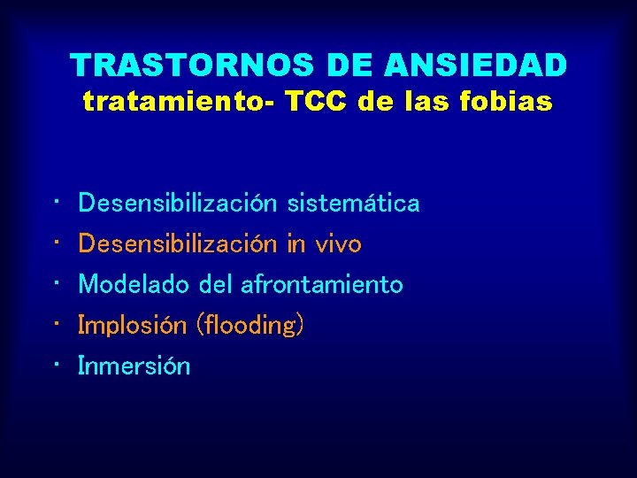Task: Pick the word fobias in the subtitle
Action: tap(510, 103)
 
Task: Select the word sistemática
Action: tap(353, 204)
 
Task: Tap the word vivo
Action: tap(337, 243)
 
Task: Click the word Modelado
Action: tap(134, 284)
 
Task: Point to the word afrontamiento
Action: tap(321, 284)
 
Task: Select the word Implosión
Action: tap(132, 325)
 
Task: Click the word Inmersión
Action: tap(134, 366)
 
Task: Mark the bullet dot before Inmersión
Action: tap(56, 365)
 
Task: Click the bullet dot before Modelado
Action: tap(56, 283)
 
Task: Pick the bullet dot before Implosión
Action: tap(56, 324)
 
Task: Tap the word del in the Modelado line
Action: tap(215, 284)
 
